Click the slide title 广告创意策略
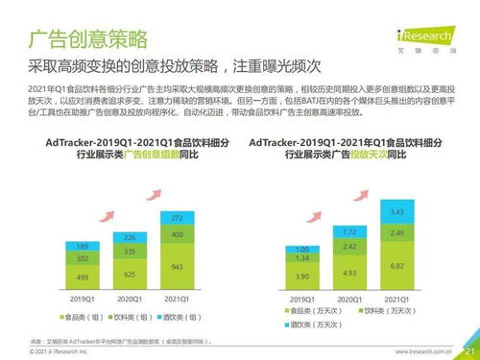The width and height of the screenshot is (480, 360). coord(88,39)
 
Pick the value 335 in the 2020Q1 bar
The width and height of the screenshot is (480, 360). coord(131,251)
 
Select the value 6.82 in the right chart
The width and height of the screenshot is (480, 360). coord(396,264)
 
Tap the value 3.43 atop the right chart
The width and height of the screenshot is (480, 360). coord(396,211)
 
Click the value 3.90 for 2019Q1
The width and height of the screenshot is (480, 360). coord(300,276)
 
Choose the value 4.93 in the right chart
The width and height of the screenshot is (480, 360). coord(348,273)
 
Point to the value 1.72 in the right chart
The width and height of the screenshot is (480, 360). coord(348,232)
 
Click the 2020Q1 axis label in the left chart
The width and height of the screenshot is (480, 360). coord(131,300)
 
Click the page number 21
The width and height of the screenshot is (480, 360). coord(468,351)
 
